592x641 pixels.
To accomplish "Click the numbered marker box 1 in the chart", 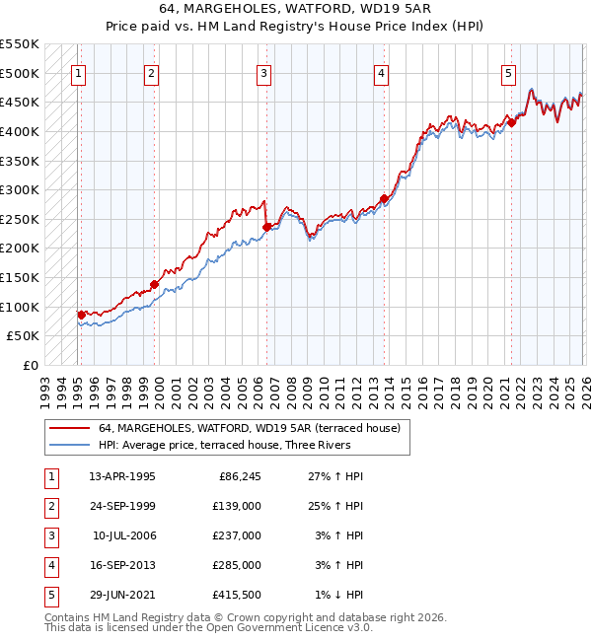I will (x=79, y=72).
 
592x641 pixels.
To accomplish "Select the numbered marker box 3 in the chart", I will (x=264, y=72).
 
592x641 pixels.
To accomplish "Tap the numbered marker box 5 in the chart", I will (x=508, y=72).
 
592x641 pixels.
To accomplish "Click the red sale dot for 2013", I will (x=384, y=198).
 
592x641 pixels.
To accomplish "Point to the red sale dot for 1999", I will (x=155, y=284).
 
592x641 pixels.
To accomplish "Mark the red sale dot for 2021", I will (x=511, y=122).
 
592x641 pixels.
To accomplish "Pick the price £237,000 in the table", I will (x=237, y=534).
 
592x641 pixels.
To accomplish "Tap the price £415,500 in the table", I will (x=237, y=594).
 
